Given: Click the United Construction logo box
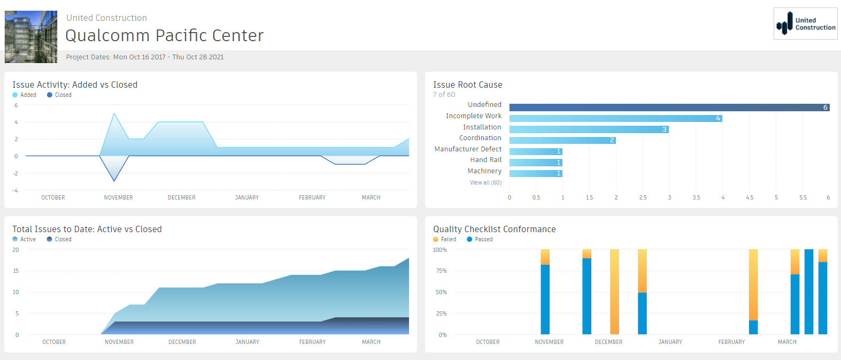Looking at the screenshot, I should click(x=805, y=24).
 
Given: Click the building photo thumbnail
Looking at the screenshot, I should click(x=31, y=37).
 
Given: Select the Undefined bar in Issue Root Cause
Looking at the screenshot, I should click(x=669, y=108).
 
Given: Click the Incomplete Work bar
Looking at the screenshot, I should click(x=615, y=118).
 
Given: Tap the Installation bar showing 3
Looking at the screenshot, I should click(x=589, y=129).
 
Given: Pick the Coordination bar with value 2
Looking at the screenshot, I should click(x=562, y=140).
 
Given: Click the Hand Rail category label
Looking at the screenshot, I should click(x=485, y=160).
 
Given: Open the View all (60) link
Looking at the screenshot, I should click(x=485, y=183).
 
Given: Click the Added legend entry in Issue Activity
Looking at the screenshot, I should click(x=25, y=95).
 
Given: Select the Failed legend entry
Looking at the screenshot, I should click(x=445, y=239).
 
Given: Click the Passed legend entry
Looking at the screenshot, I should click(x=480, y=239).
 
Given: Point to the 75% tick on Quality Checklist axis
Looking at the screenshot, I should click(x=441, y=271).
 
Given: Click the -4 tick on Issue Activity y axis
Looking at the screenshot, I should click(x=16, y=190).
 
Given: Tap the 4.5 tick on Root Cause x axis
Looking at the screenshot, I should click(x=750, y=198).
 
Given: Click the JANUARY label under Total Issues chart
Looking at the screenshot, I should click(x=247, y=342).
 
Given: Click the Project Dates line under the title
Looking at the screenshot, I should click(x=145, y=57).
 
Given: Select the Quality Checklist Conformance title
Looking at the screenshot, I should click(x=494, y=229).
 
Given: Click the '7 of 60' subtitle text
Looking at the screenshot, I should click(x=444, y=95).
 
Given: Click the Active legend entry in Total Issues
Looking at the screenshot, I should click(x=24, y=239).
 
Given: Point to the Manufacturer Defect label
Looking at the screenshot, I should click(x=468, y=149).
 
